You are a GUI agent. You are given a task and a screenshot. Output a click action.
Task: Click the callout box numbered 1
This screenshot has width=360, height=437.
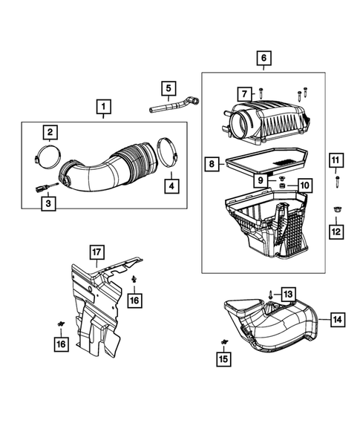coord(103,107)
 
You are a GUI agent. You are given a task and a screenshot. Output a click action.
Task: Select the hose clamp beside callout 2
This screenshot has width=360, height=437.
coord(48,157)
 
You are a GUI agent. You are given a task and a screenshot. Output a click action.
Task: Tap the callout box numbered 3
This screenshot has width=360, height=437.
coord(48,203)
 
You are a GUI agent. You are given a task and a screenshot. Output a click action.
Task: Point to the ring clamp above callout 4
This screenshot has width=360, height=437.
coord(168,152)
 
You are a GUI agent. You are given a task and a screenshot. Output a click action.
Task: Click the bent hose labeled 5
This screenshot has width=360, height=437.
coord(174,105)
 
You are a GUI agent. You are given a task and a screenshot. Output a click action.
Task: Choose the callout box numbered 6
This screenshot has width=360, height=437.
coord(264,58)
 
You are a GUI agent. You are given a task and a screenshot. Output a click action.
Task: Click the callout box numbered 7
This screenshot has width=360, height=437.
coord(244,94)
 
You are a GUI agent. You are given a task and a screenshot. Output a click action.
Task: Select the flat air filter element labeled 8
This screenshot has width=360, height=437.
coord(267,162)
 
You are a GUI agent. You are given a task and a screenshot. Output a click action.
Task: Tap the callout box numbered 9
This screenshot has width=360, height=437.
coord(261,180)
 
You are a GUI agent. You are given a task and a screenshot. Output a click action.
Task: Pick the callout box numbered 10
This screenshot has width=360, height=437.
coord(305,185)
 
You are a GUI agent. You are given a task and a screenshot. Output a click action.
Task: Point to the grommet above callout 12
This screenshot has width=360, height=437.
coord(336,210)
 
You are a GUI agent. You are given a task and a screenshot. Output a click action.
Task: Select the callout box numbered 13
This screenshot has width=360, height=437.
coord(288,294)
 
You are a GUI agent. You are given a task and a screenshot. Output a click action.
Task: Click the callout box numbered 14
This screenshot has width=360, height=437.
coord(338,319)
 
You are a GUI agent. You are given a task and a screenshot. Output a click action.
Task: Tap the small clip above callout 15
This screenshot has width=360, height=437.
coord(224,342)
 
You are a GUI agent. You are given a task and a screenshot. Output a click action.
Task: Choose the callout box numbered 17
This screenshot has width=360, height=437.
coord(96,252)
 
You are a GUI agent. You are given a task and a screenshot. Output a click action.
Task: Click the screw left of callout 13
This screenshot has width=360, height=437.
coord(271,295)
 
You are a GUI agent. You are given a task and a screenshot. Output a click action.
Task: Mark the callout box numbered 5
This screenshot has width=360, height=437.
coord(168,88)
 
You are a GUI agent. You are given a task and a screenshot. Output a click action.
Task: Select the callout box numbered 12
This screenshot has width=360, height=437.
coord(336,231)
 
